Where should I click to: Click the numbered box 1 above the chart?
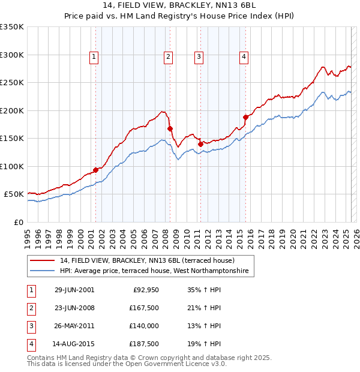coord(95,57)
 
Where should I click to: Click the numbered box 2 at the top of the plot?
coord(168,57)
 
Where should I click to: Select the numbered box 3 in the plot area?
coord(199,57)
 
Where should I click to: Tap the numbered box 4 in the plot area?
coord(244,57)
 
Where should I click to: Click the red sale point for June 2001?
coord(96,170)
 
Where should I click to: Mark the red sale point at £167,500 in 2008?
coord(170,128)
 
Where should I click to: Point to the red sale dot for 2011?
coord(200,143)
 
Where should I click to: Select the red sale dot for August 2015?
coord(245,117)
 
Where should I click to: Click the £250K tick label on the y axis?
coord(12,83)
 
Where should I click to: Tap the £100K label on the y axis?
coord(12,166)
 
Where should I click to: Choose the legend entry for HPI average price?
coord(154,272)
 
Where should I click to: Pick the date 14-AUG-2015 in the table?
coord(73,344)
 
